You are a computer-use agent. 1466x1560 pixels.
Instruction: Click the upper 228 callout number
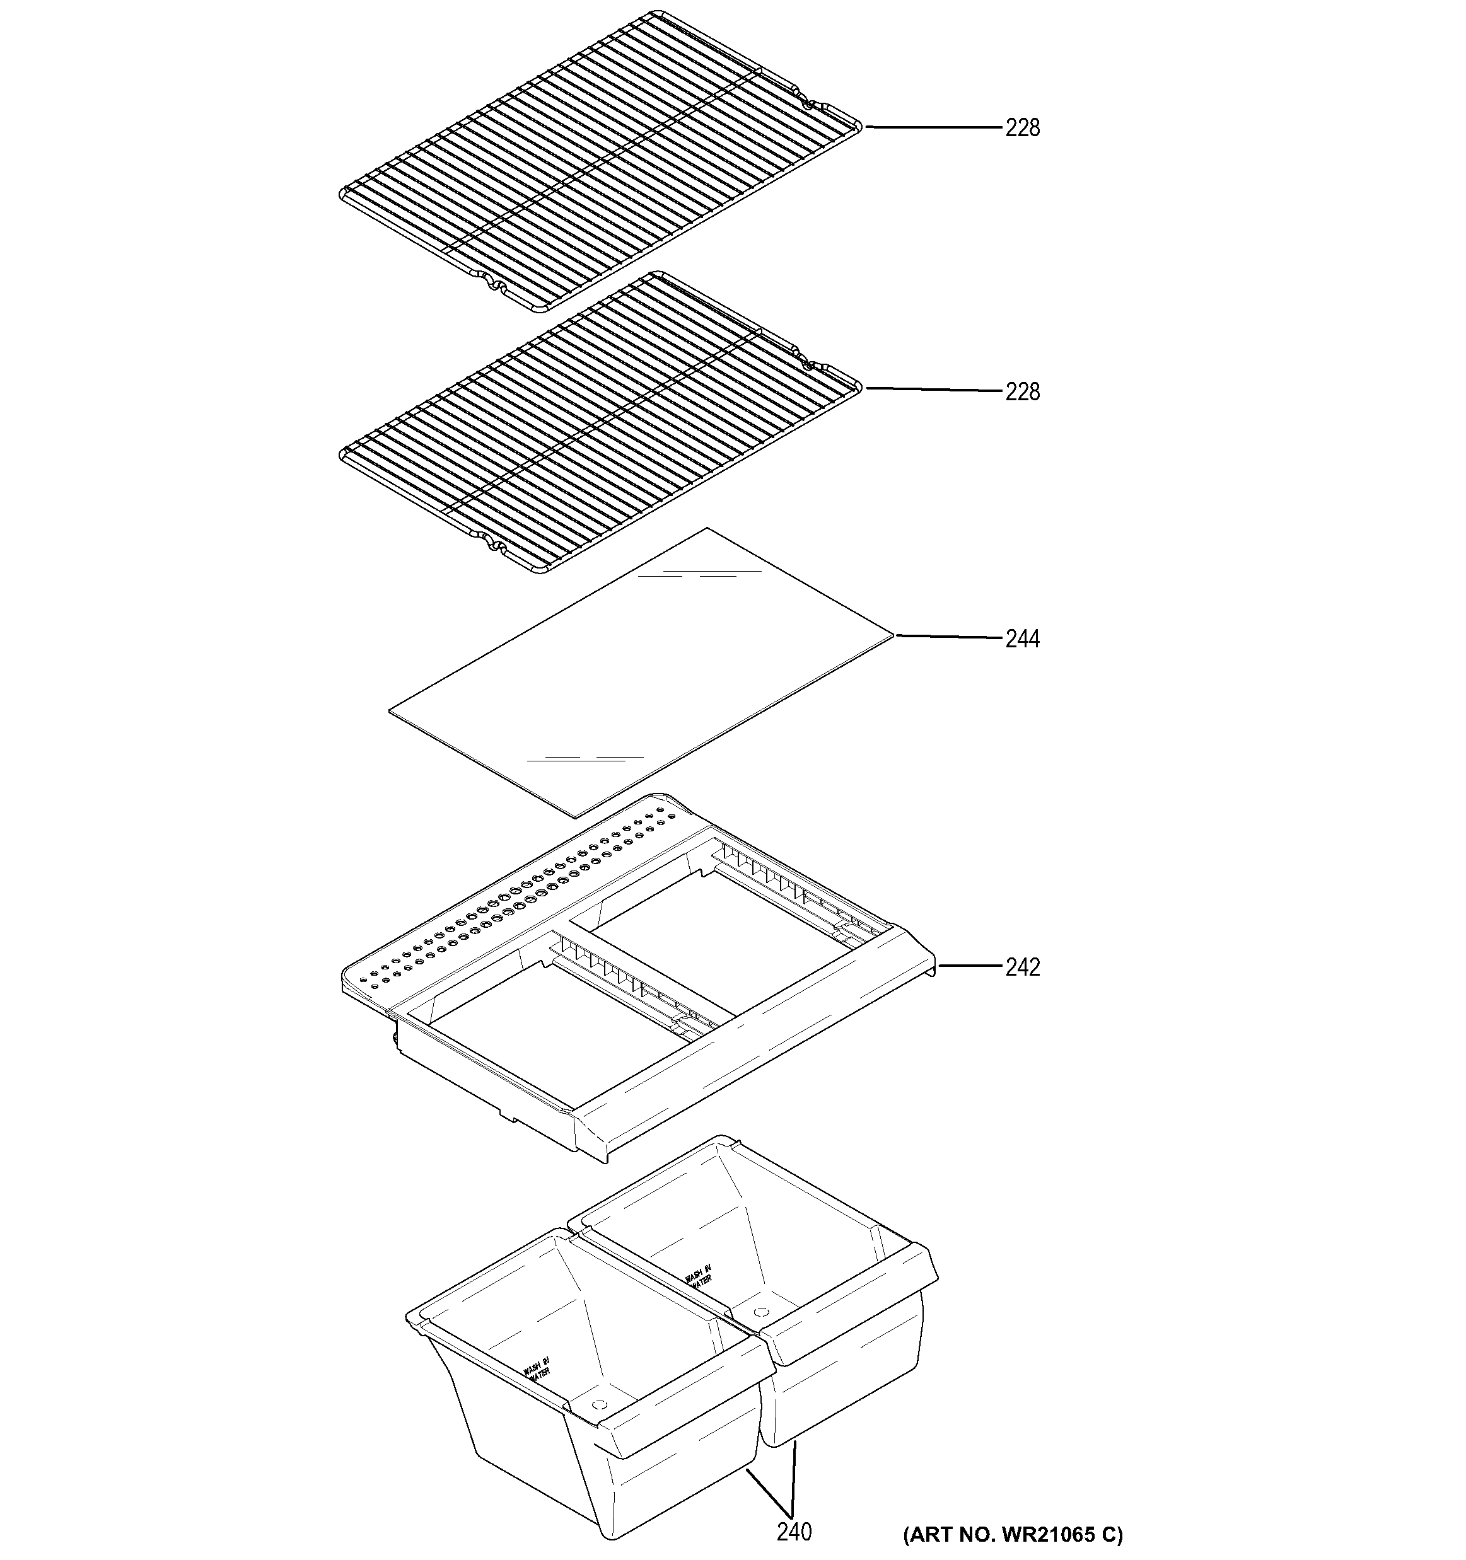(1022, 127)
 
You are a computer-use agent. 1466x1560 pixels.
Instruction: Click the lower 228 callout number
(1022, 391)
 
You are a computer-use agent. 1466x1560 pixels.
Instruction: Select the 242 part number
(1022, 967)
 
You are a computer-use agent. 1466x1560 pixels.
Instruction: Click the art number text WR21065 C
(1013, 1534)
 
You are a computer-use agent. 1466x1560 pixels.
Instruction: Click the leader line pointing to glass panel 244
(950, 637)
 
